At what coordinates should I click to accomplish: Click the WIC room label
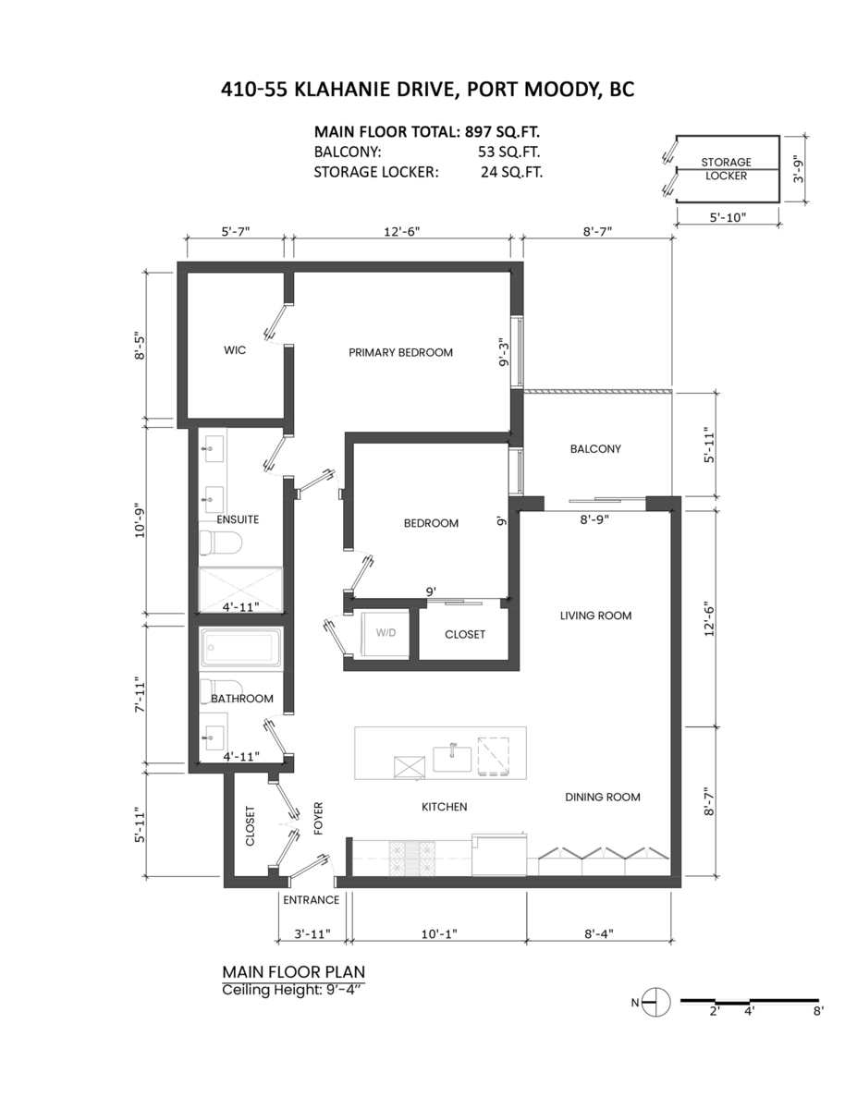234,352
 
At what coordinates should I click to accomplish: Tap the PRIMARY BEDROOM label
400,352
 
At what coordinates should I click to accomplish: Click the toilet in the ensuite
222,543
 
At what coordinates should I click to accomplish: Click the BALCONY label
595,449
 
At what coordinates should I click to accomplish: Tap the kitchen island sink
452,758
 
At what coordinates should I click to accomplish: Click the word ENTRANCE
311,899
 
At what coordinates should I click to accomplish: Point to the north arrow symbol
655,1001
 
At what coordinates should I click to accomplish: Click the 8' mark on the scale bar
816,1012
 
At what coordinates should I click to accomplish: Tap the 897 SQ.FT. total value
503,131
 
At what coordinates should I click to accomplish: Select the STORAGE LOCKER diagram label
726,168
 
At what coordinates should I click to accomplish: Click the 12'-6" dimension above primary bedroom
403,233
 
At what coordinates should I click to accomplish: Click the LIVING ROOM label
596,615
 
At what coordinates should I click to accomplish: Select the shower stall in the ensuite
240,585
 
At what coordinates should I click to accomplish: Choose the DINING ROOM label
603,797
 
